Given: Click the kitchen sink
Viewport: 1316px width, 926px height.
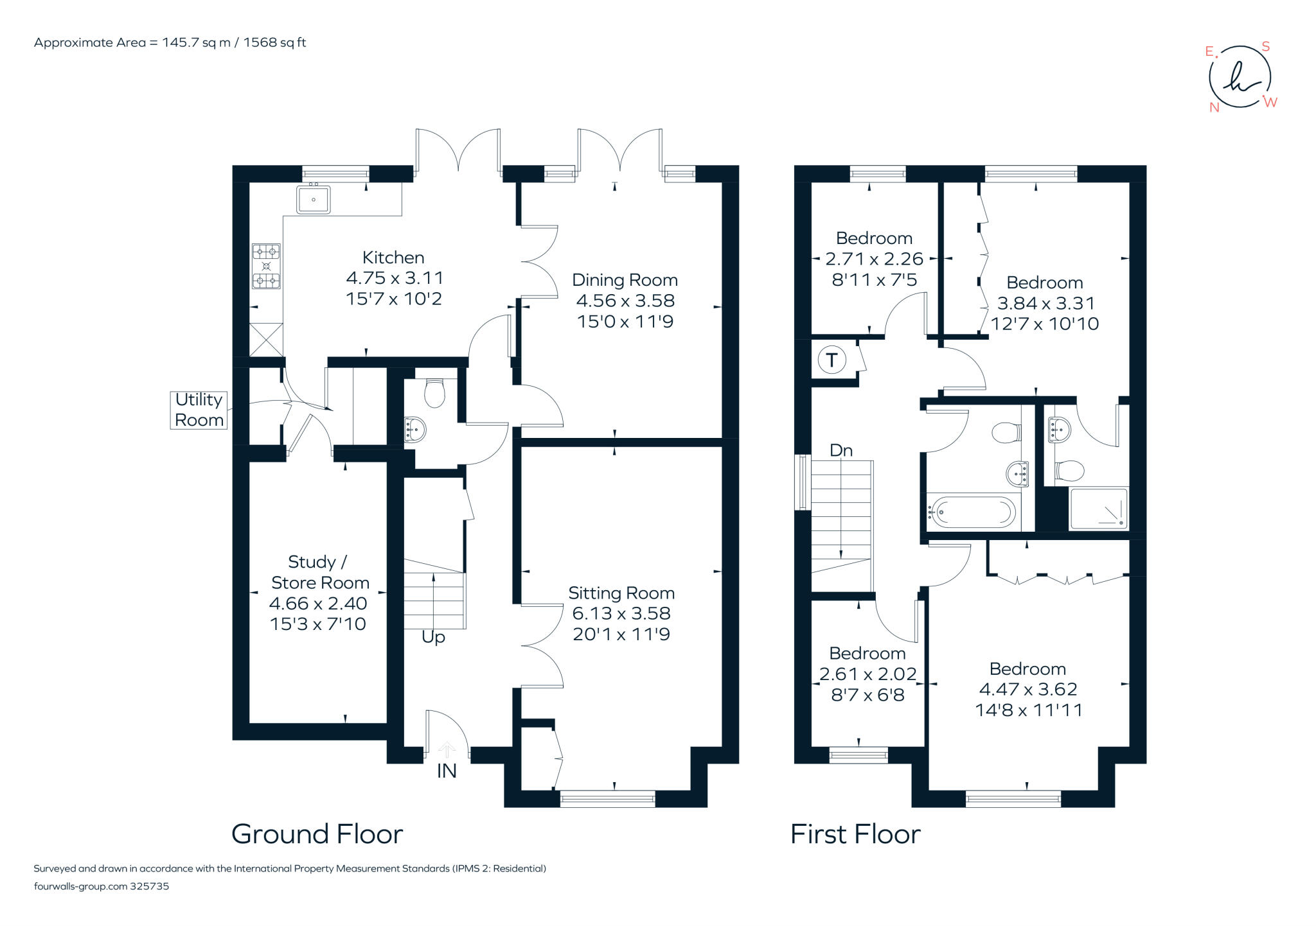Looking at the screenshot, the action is coord(313,199).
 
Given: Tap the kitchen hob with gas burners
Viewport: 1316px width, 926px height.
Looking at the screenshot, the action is coord(266,266).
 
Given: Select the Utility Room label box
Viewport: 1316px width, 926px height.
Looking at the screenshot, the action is coord(199,410).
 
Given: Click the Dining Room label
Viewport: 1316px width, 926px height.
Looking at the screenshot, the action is coord(625,280).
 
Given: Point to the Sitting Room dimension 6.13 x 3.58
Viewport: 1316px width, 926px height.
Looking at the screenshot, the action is coord(621,613).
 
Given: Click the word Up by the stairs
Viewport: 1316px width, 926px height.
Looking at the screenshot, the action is coord(433,637).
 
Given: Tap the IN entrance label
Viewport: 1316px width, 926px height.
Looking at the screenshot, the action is coord(447,771).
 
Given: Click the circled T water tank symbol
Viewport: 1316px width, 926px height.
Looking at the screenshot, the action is coord(831,360).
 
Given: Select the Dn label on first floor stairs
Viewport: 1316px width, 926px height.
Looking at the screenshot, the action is coord(841,451).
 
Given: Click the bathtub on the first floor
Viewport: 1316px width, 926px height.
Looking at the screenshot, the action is coord(972,512).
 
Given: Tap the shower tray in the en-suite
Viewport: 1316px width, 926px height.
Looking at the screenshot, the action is coord(1098,509).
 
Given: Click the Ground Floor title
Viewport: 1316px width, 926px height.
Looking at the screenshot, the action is coord(317,834).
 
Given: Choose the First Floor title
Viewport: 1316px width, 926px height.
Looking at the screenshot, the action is coord(855,834).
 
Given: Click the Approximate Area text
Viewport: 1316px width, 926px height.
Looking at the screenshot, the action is coord(170,43).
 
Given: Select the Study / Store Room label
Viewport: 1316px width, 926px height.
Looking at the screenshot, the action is coord(319,572).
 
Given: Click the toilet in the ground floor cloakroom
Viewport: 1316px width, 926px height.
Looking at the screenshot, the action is coord(435,392).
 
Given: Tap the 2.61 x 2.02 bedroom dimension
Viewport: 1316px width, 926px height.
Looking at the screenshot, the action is coord(867,674).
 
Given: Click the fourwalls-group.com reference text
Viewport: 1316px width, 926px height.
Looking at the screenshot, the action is coord(102,886).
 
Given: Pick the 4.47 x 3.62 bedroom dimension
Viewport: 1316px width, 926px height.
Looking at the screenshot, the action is coord(1027,689).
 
